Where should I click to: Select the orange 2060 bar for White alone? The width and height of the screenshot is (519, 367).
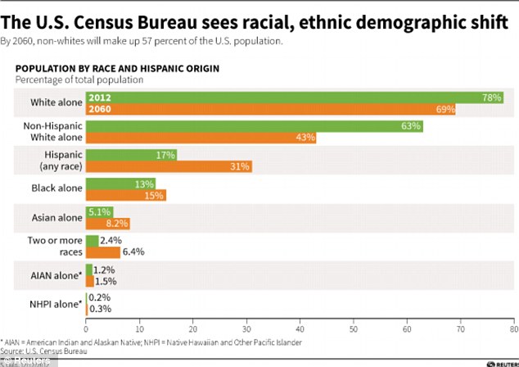point(270,109)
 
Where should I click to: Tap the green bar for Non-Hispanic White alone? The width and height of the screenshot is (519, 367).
point(254,126)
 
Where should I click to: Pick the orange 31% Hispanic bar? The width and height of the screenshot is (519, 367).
point(169,166)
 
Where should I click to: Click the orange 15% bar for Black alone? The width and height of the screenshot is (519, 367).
point(125,195)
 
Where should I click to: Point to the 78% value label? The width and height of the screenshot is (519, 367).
point(492,97)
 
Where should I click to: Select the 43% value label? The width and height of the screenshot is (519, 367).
point(305,138)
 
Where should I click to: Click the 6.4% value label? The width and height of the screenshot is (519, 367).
point(133,251)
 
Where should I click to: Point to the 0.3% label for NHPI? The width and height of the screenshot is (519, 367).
point(99,309)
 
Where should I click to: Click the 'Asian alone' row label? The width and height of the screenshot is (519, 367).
point(56,217)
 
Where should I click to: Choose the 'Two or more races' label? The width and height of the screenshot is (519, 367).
point(56,246)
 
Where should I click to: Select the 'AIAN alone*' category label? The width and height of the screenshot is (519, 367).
point(56,274)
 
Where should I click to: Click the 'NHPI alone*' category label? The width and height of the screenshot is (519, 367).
point(56,303)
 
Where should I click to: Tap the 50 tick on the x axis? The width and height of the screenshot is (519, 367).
point(353,325)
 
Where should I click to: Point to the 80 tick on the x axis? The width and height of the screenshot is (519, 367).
point(512,325)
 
